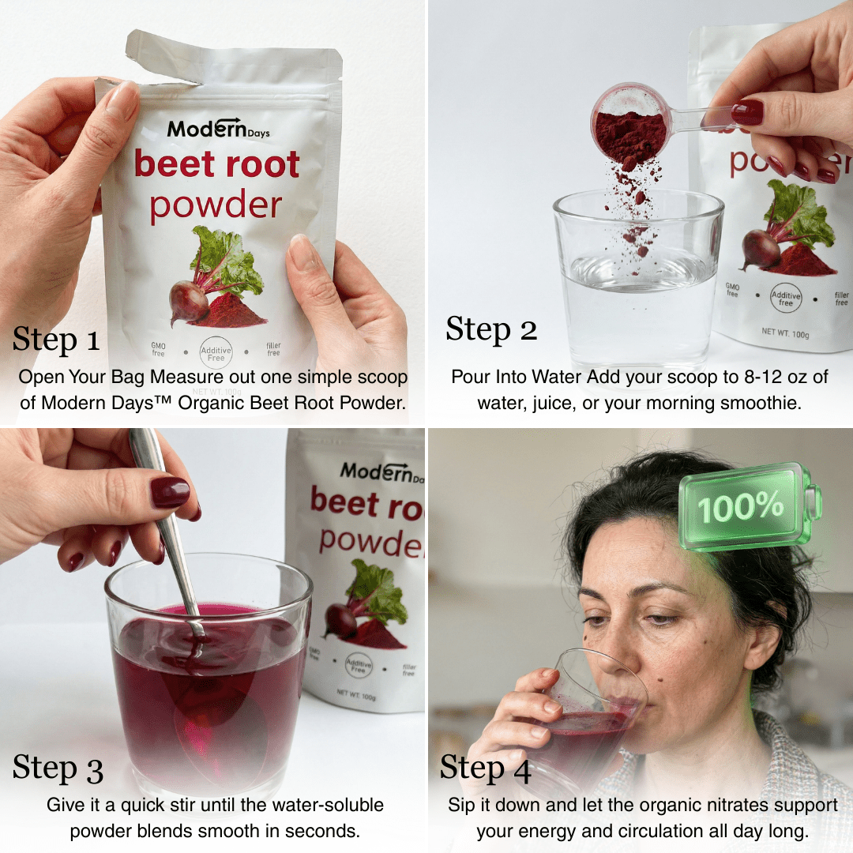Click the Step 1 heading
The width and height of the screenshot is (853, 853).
(56, 340)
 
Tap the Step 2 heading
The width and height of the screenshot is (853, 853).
(491, 329)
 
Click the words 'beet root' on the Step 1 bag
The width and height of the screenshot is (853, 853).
(216, 164)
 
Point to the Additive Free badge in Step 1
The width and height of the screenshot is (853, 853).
(216, 352)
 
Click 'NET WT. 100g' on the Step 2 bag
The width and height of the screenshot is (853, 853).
(785, 333)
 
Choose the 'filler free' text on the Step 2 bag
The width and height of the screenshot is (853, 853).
(841, 299)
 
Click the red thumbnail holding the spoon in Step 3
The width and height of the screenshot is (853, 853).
(170, 492)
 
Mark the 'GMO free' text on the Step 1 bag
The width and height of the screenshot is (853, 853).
(158, 349)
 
